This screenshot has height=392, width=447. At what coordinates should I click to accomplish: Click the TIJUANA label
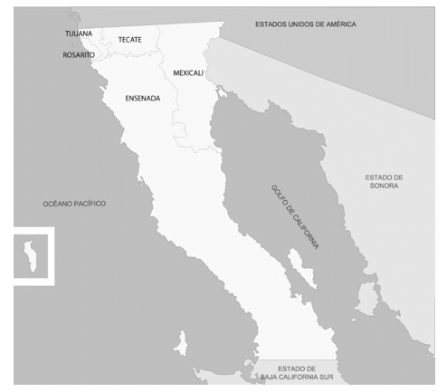coord(79,33)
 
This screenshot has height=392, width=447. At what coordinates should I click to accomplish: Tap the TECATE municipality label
coord(130,40)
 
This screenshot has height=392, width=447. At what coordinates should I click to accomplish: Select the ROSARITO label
coord(79,55)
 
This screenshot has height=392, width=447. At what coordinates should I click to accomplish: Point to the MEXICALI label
coord(187,72)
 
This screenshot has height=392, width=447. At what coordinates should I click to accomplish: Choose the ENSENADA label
coord(142,97)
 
